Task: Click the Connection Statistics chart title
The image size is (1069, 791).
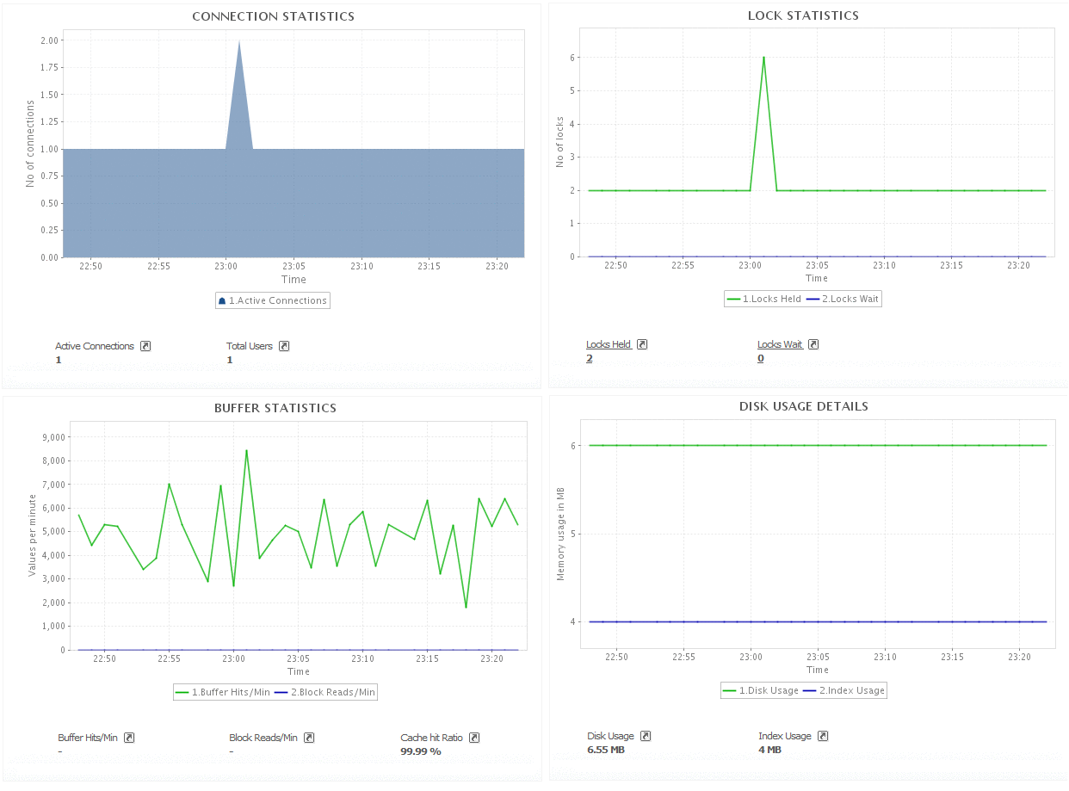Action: tap(273, 16)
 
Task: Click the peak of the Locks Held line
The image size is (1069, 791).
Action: tap(763, 58)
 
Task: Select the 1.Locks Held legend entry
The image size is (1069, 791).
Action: tap(764, 299)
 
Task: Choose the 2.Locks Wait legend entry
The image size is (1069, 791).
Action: tap(843, 299)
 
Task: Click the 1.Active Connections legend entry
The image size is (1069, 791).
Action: tap(273, 300)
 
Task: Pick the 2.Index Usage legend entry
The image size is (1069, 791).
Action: tap(845, 690)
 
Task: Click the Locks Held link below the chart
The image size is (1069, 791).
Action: tap(609, 344)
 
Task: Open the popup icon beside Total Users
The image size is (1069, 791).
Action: tap(284, 346)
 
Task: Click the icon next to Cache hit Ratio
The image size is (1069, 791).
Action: tap(474, 738)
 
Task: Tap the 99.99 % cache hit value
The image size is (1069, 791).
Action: tap(421, 751)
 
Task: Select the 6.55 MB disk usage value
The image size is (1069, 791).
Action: tap(606, 750)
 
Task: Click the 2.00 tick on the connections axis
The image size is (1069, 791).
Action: tap(49, 40)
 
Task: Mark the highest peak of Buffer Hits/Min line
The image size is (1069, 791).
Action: tap(246, 450)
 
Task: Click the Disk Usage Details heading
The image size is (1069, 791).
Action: tap(803, 406)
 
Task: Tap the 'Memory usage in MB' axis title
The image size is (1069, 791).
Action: tap(560, 534)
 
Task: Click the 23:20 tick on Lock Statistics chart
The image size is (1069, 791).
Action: tap(1018, 265)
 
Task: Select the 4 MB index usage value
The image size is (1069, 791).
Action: tap(769, 750)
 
